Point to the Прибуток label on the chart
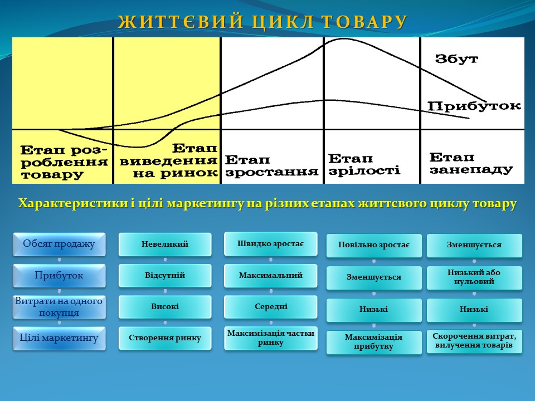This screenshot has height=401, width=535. [x=474, y=106]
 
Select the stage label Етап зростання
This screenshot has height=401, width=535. [x=271, y=165]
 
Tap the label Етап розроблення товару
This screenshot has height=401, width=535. [x=64, y=163]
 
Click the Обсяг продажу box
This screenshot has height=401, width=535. [x=59, y=244]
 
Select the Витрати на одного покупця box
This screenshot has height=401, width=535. [x=59, y=307]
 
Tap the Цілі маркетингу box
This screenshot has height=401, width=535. [x=59, y=338]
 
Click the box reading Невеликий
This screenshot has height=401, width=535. [x=165, y=244]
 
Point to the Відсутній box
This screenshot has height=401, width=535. [x=165, y=275]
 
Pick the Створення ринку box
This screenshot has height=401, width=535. [x=165, y=338]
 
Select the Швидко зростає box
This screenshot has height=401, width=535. [x=271, y=244]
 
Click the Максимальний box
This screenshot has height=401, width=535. [x=271, y=275]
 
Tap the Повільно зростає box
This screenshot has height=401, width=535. [x=374, y=246]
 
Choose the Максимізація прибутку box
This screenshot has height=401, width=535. [x=374, y=342]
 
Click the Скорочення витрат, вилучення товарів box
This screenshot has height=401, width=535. [x=475, y=341]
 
